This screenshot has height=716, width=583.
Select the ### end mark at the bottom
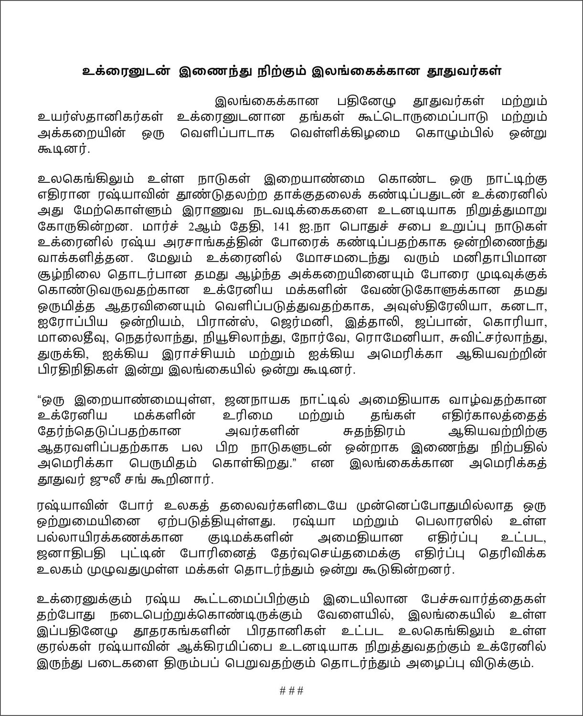(x=291, y=690)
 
